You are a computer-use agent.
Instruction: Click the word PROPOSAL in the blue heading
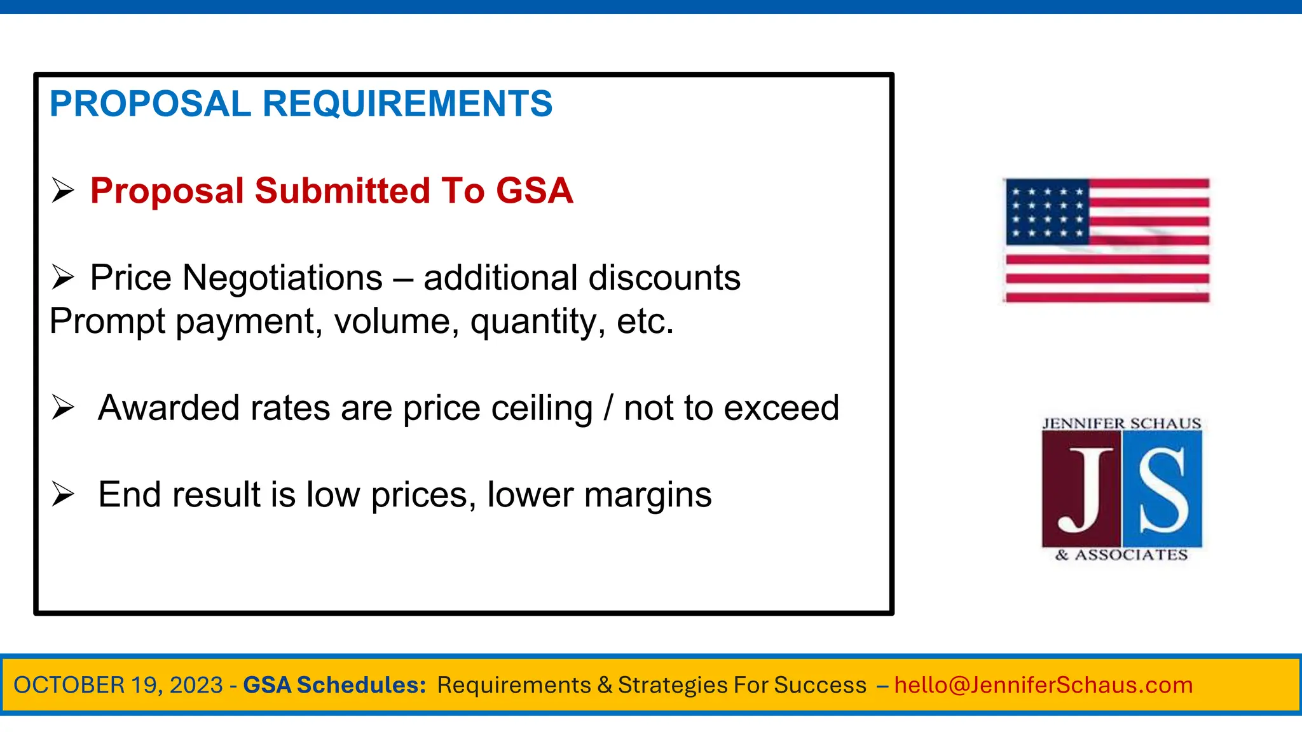(150, 104)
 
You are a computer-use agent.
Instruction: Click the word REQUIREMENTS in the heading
(408, 104)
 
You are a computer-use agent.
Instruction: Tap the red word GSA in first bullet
(534, 191)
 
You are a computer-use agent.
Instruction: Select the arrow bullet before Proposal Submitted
(63, 190)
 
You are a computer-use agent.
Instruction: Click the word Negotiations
(282, 278)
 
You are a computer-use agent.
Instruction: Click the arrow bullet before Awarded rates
(63, 407)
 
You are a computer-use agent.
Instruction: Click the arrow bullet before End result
(63, 494)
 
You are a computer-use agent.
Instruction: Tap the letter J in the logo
(1083, 490)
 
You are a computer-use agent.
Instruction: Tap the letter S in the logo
(1162, 490)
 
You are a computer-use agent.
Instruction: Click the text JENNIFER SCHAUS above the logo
(1121, 424)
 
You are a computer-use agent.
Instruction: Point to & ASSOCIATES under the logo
(1121, 555)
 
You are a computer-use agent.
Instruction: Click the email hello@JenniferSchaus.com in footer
(1043, 685)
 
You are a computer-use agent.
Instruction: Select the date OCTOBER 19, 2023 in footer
(118, 685)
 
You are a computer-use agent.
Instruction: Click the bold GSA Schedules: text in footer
(334, 685)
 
